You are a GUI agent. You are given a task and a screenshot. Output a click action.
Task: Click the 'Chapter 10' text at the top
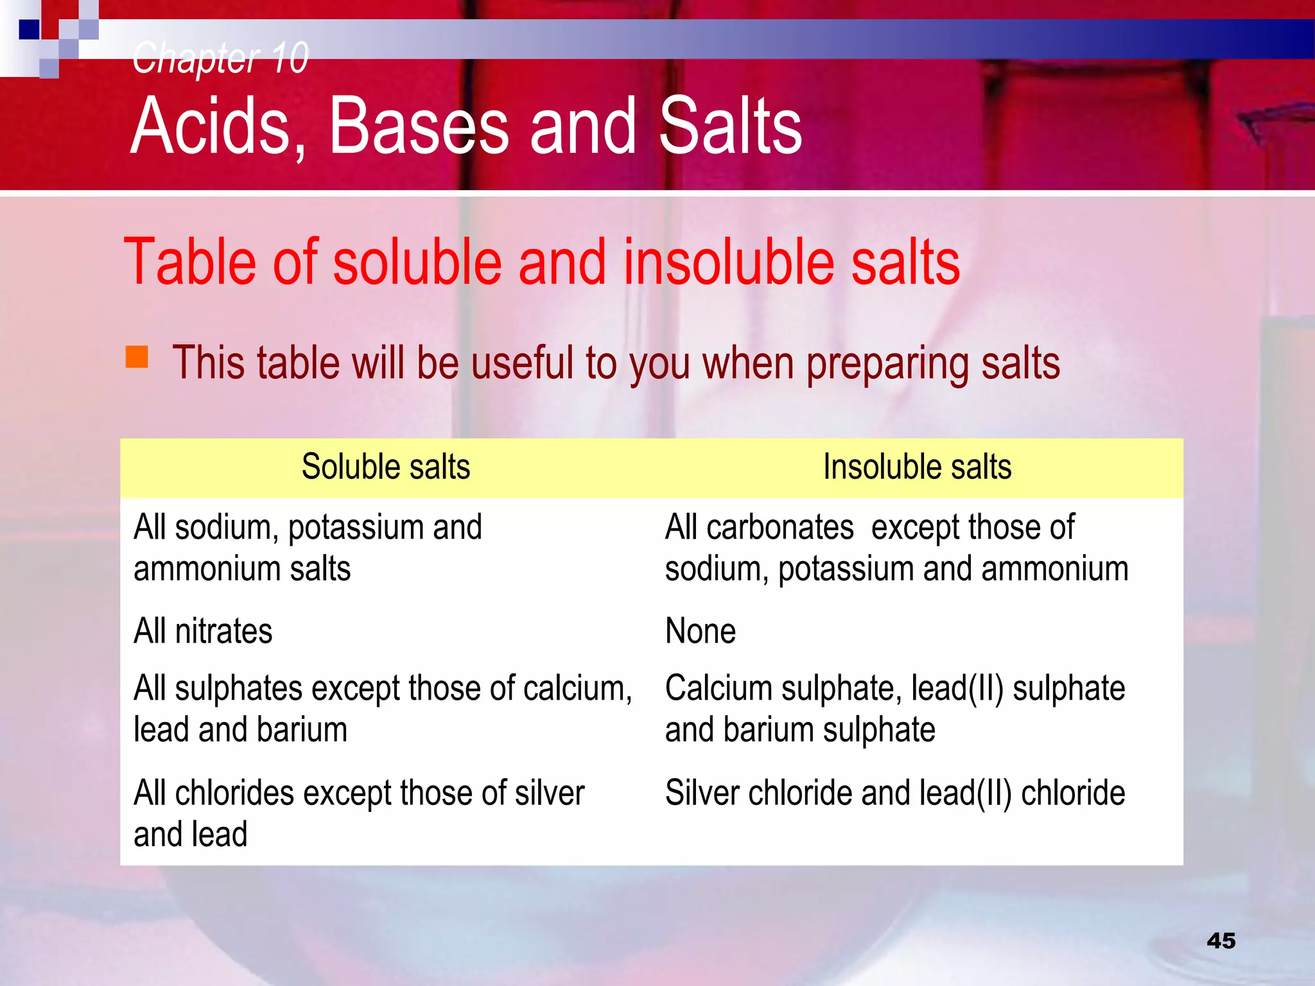[x=220, y=58]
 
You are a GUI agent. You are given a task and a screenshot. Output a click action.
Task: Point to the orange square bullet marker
[x=137, y=357]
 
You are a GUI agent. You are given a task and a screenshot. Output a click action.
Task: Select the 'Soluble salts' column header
[x=386, y=467]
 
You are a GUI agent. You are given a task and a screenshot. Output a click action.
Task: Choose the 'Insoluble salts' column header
[x=917, y=467]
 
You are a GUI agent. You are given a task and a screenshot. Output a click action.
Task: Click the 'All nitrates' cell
[x=203, y=631]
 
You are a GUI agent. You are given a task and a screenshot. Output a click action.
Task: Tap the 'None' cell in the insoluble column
[x=700, y=631]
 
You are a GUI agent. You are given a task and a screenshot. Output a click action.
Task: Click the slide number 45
[x=1221, y=941]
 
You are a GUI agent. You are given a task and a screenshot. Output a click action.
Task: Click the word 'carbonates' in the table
[x=779, y=528]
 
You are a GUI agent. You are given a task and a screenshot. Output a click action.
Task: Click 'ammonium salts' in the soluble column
[x=242, y=569]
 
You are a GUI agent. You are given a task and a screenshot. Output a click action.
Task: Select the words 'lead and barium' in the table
[x=240, y=731]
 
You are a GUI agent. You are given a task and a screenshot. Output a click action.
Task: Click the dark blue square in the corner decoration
[x=29, y=30]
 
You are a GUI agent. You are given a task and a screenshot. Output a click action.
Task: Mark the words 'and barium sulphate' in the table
[x=799, y=731]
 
